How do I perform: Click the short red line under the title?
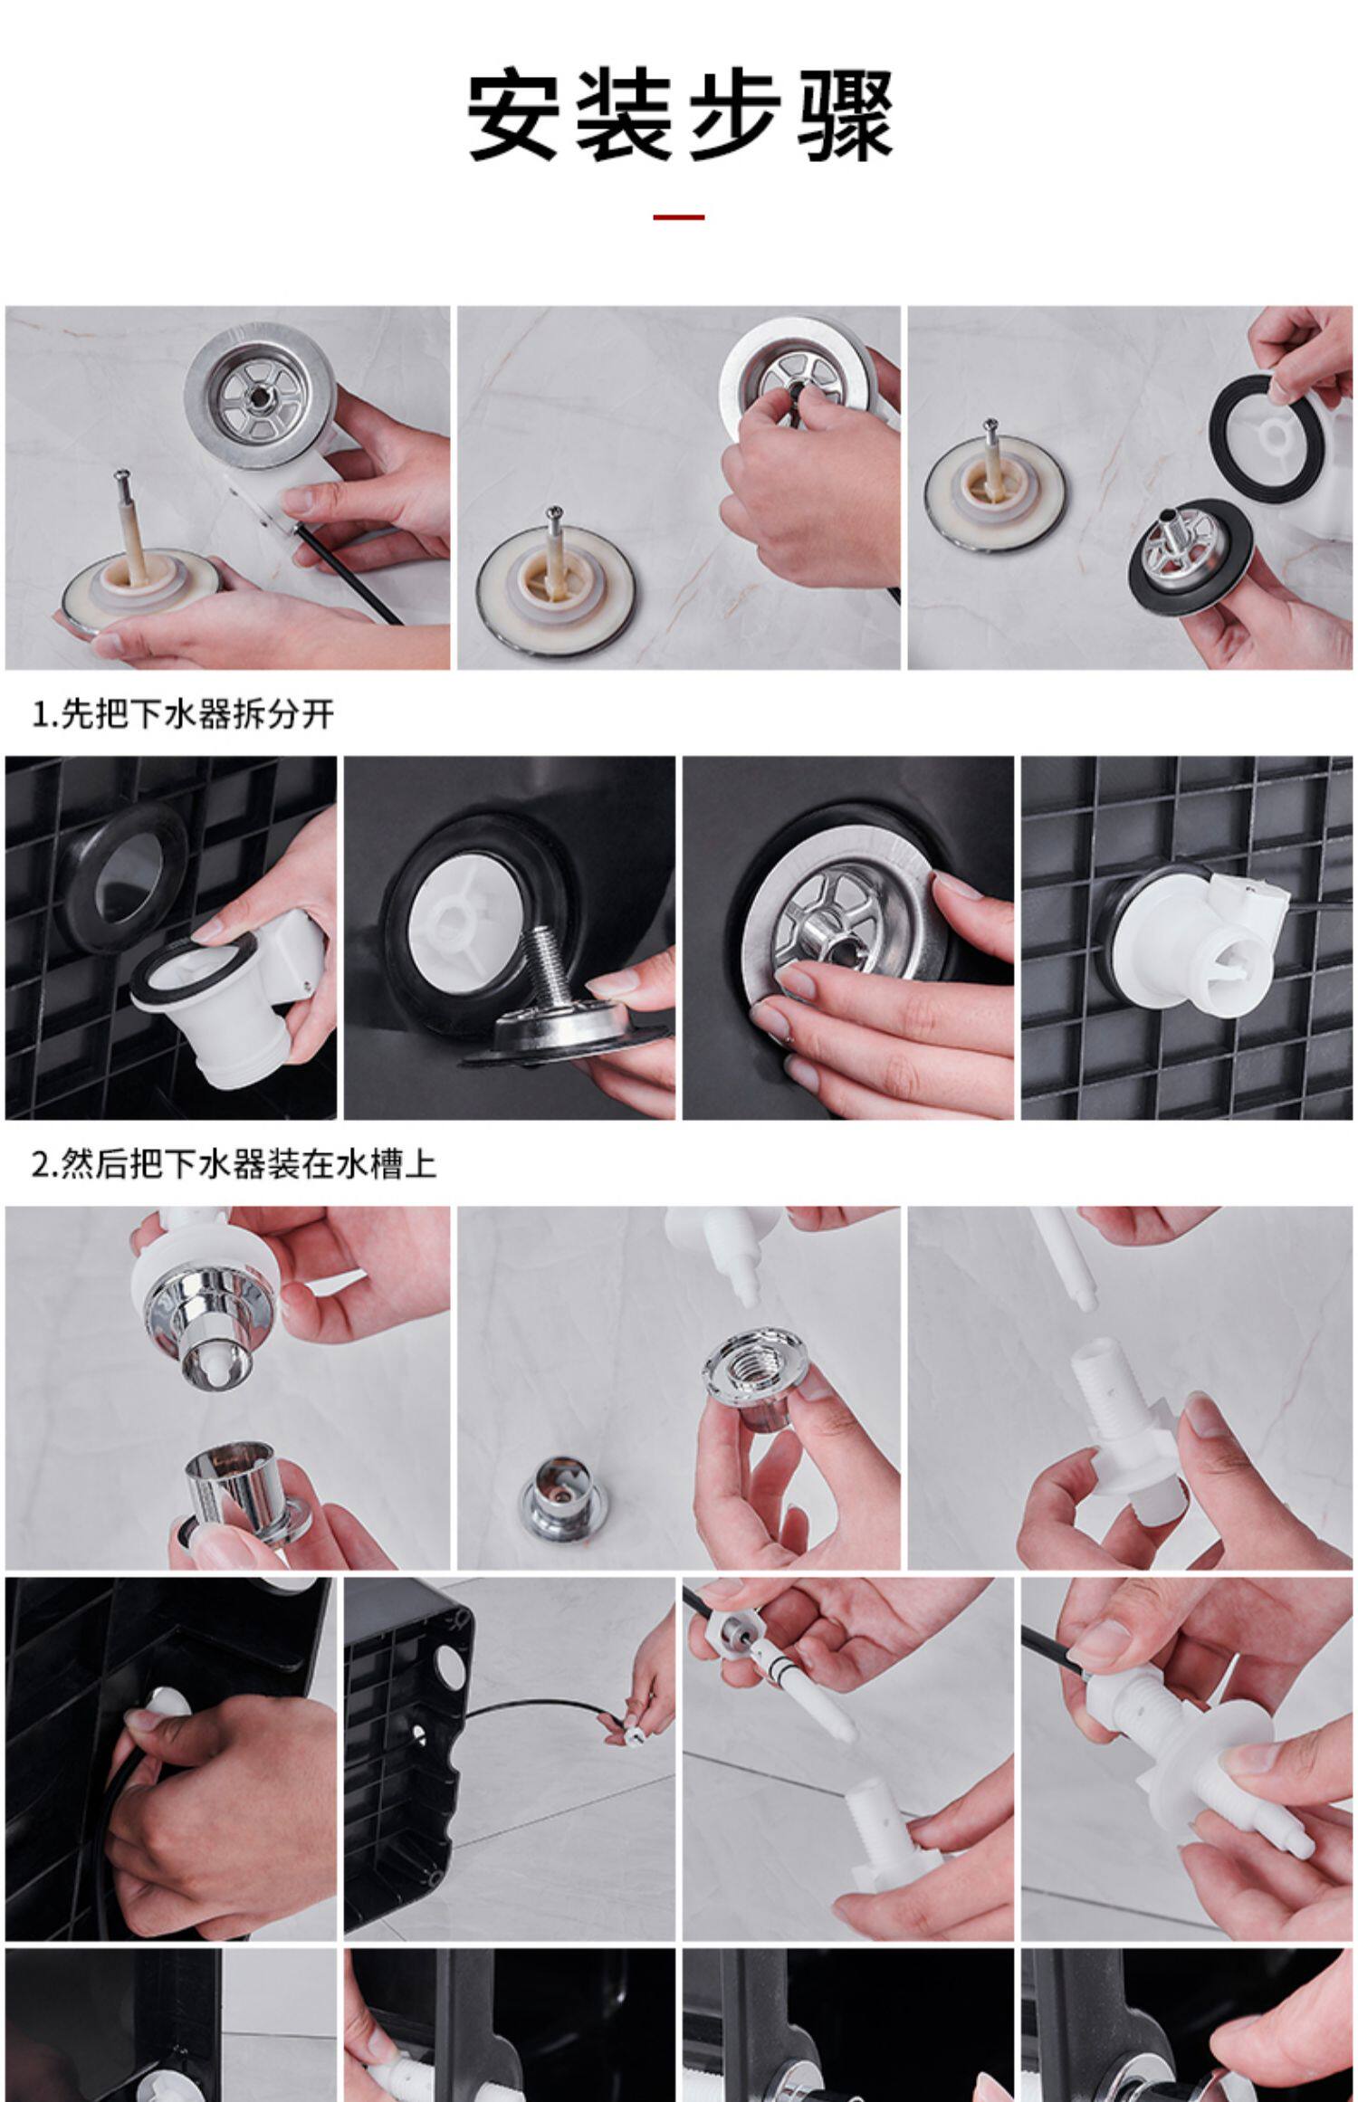[678, 217]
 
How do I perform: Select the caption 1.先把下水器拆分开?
[184, 714]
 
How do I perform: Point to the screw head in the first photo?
[120, 473]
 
